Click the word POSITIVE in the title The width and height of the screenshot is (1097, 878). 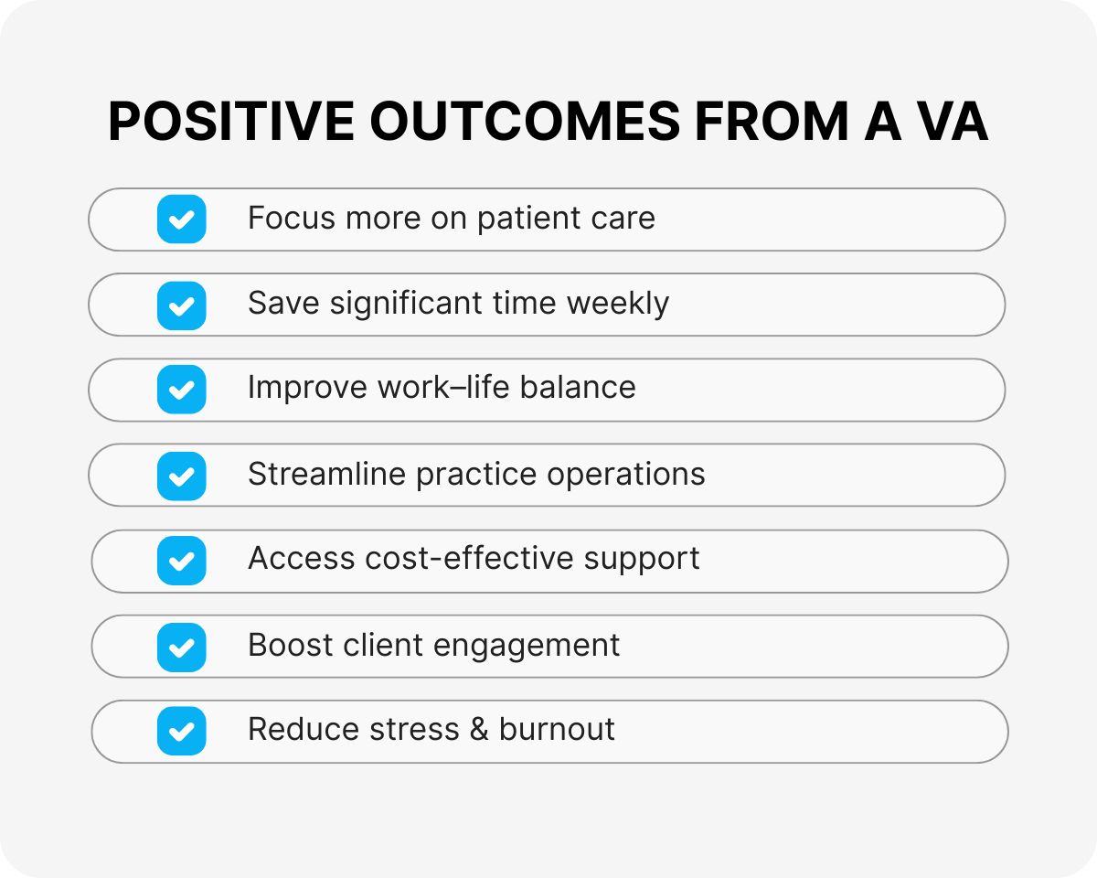231,122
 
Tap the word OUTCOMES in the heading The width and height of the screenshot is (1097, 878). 525,122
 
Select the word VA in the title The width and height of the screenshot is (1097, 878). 953,122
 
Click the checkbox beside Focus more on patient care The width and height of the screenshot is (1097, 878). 182,219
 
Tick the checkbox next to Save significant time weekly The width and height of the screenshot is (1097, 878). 182,305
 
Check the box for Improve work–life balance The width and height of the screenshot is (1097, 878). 182,390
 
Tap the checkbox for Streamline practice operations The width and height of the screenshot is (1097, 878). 182,476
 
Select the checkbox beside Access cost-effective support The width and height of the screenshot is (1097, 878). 182,560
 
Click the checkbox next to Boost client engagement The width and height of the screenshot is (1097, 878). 182,647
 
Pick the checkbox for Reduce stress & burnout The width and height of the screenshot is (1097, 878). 182,731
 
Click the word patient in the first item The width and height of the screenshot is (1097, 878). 528,219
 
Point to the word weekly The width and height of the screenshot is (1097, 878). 618,304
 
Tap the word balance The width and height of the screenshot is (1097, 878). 578,387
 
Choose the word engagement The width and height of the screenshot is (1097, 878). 527,647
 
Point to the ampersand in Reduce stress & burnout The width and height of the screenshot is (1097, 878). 479,729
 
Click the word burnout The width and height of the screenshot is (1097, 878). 557,729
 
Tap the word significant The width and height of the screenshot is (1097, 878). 406,304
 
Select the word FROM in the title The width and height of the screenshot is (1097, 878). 772,122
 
